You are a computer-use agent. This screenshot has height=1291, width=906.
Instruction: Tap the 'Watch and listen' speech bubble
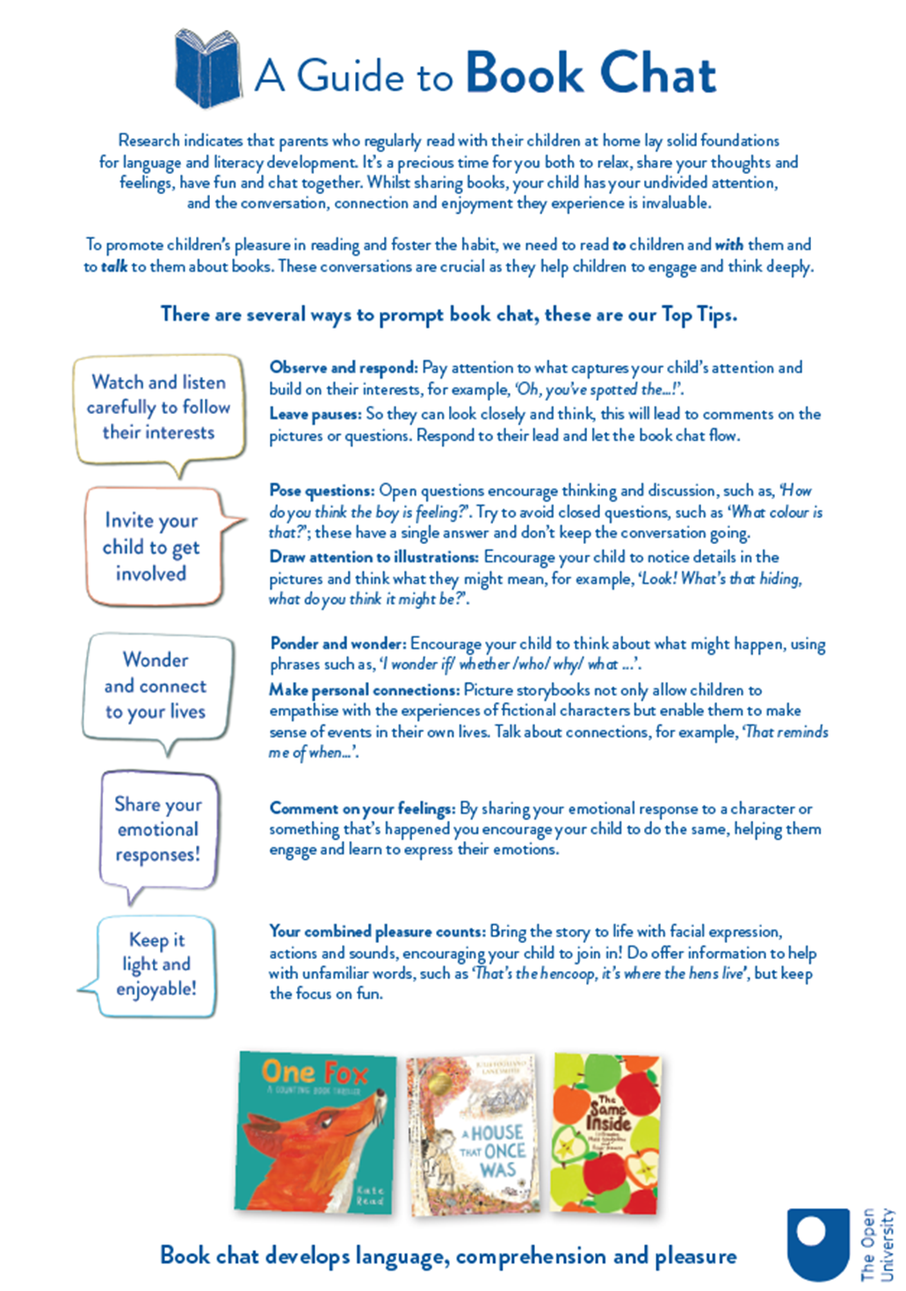click(x=159, y=408)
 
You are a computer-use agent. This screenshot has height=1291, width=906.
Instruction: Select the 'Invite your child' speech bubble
click(x=151, y=547)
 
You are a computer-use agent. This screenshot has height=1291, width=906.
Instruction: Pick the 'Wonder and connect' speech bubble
click(x=156, y=685)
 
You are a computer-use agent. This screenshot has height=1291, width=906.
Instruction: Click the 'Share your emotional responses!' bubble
click(x=158, y=830)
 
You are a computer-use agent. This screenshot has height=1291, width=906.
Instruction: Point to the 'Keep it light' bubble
click(x=156, y=965)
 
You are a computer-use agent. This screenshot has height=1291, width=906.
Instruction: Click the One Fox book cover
click(x=315, y=1132)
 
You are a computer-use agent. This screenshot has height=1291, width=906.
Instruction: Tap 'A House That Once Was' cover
click(x=475, y=1134)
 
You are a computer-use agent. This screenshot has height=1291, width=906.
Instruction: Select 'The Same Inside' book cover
click(x=605, y=1133)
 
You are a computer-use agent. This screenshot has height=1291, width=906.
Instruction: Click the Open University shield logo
click(x=817, y=1244)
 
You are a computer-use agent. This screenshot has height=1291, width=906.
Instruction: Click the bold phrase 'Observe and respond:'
click(x=344, y=368)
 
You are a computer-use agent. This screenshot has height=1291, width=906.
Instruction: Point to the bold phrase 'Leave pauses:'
click(x=315, y=414)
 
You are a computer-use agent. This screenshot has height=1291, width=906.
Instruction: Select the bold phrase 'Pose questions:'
click(x=322, y=490)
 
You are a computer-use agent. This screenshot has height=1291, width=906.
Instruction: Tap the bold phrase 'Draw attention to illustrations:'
click(x=374, y=557)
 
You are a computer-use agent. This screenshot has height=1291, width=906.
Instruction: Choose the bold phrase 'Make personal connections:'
click(x=364, y=690)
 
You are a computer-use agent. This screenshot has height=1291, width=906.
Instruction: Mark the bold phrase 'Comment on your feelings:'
click(x=362, y=809)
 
